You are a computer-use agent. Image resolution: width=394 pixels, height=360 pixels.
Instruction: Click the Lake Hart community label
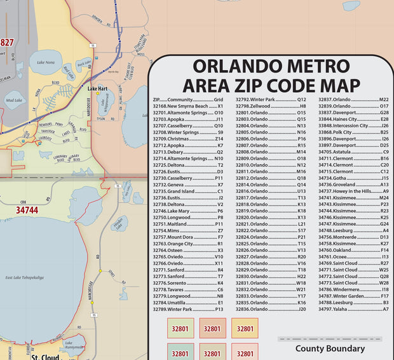tap(97, 88)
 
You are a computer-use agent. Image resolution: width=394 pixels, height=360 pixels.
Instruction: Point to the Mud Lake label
tap(13, 100)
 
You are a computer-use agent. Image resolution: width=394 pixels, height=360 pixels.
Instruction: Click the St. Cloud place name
tap(45, 357)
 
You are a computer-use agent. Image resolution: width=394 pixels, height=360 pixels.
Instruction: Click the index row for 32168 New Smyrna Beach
tap(187, 106)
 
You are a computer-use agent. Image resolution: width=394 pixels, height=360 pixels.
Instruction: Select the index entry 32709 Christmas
tap(187, 139)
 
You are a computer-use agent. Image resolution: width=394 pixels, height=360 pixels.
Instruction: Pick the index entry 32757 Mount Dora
tap(187, 237)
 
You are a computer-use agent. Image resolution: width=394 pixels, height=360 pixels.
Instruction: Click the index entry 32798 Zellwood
tap(271, 106)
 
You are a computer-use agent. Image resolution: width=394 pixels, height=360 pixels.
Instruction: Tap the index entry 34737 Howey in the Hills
tap(353, 191)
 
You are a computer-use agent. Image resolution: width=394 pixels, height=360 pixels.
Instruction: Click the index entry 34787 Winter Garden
tap(353, 296)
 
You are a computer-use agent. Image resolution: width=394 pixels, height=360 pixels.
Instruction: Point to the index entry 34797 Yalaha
tap(353, 309)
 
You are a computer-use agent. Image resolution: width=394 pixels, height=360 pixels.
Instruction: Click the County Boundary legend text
tap(330, 349)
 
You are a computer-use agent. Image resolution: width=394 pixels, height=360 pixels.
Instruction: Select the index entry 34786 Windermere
tap(353, 289)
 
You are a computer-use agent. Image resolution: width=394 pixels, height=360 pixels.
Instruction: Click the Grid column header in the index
tap(218, 100)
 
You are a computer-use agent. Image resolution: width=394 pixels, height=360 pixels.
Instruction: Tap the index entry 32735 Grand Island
tap(187, 191)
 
